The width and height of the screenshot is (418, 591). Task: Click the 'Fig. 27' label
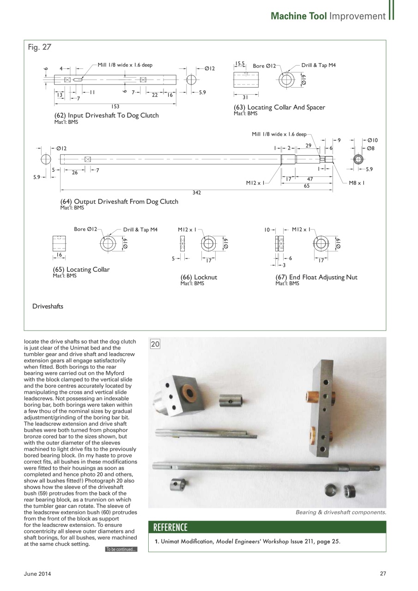coord(40,47)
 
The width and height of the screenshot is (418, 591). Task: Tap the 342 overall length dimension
coord(197,193)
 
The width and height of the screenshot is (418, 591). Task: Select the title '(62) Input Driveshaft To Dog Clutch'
coord(107,115)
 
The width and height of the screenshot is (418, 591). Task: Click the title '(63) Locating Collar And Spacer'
coord(279,108)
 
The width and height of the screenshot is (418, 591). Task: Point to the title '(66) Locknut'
coord(199,277)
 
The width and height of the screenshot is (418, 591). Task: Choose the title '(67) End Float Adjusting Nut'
coord(316,277)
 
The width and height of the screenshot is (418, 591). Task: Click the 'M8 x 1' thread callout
coord(357,183)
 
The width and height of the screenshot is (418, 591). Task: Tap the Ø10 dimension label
coord(373,140)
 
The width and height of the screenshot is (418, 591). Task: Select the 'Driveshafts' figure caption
coord(48,306)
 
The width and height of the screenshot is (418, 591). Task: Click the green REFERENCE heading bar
coord(267,527)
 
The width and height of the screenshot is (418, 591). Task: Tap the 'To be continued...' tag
coord(121,549)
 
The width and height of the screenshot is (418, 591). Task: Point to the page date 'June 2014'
coord(37,574)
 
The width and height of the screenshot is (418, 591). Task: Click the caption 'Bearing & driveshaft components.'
coord(340,513)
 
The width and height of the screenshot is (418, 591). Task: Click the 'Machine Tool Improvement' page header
coord(328,16)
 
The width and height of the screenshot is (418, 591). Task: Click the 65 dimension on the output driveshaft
coord(307,186)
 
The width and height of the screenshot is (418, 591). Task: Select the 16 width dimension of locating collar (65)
coord(59,255)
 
